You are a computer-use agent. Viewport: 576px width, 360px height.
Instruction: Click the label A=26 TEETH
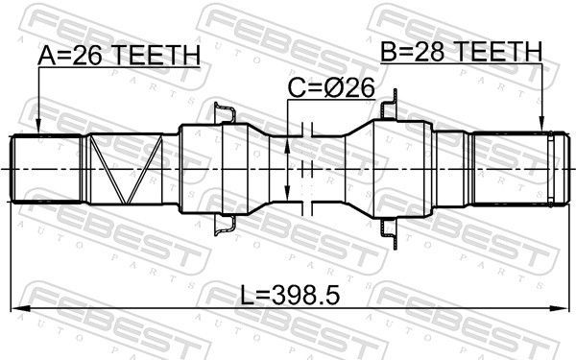(x=120, y=57)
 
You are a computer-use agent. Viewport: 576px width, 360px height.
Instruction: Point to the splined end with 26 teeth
(x=48, y=168)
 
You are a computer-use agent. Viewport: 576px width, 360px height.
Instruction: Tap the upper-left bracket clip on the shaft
(x=224, y=114)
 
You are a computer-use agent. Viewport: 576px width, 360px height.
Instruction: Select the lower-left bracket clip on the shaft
(x=224, y=226)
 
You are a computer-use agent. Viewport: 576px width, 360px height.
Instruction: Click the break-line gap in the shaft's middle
(x=307, y=168)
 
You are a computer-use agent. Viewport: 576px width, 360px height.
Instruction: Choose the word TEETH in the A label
(x=163, y=57)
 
